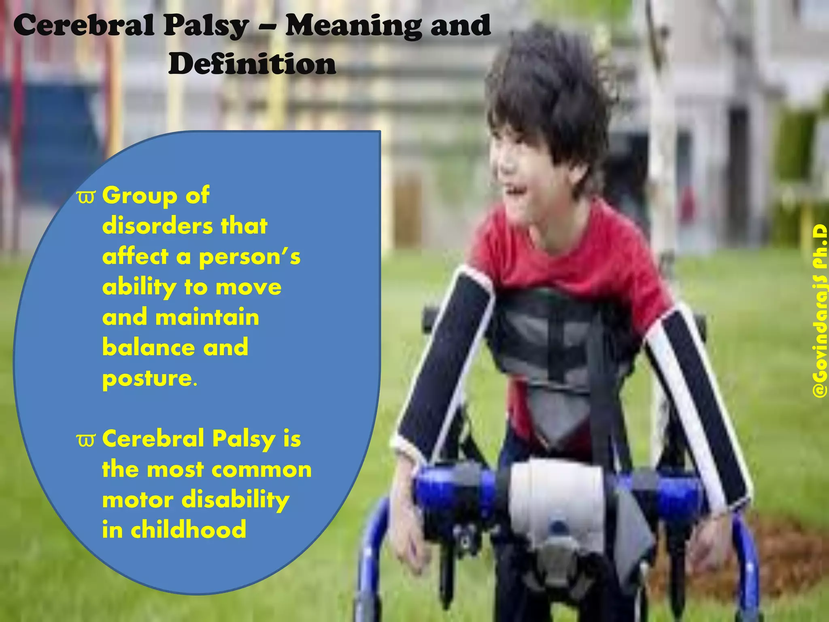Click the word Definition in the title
pos(252,64)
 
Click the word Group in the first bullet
pos(140,196)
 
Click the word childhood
pos(188,530)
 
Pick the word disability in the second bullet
pos(235,500)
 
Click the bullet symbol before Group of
pos(86,197)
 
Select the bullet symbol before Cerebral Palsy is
pos(86,440)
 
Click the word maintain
pos(207,317)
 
